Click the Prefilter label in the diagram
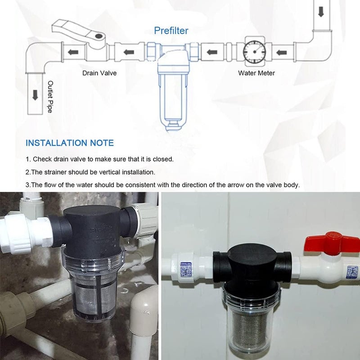click(x=171, y=31)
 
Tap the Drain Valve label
click(x=99, y=73)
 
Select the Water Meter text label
click(x=256, y=73)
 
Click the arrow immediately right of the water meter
click(x=281, y=53)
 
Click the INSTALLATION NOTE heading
click(x=70, y=143)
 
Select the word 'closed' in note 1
click(x=162, y=159)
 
